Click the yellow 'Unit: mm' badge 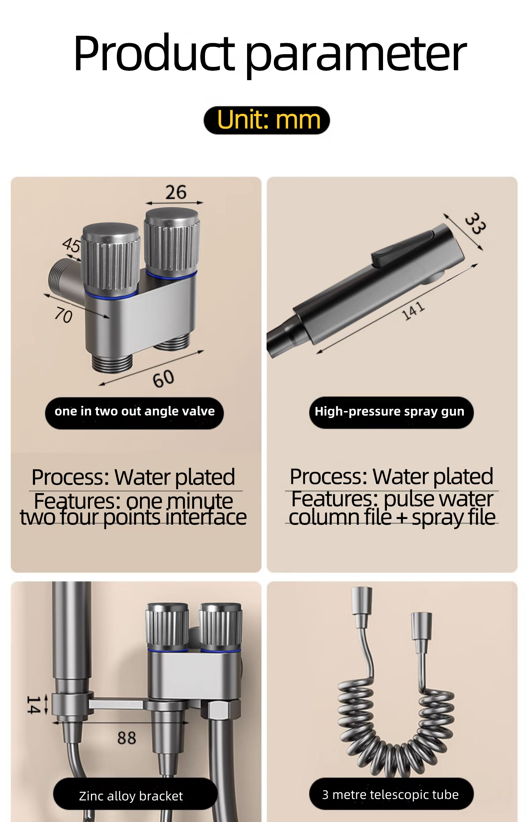(x=267, y=120)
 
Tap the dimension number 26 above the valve (x=176, y=192)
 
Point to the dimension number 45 (x=72, y=245)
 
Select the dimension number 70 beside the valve (x=64, y=315)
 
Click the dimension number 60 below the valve (x=164, y=379)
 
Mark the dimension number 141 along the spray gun (x=413, y=311)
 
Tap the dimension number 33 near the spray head (x=475, y=223)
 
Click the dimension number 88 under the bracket (x=127, y=738)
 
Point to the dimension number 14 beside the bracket (x=33, y=704)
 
